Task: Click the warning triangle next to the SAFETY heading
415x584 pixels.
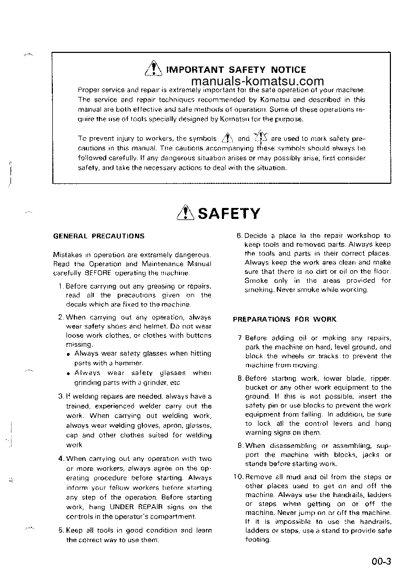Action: coord(186,213)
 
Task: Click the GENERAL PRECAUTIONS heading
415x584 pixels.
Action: coord(99,236)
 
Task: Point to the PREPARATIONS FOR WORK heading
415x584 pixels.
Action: coord(285,319)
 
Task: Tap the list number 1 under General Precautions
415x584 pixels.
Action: coord(61,286)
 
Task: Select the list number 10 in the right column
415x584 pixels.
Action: coord(238,477)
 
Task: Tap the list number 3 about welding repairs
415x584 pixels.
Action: coord(61,396)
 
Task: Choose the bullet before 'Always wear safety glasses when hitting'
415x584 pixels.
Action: coord(70,354)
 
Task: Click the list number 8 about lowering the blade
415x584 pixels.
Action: coord(240,378)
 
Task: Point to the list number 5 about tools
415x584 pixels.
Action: coord(61,530)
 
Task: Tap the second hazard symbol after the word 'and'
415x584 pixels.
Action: coord(261,138)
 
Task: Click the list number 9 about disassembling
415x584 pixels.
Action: coord(240,445)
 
